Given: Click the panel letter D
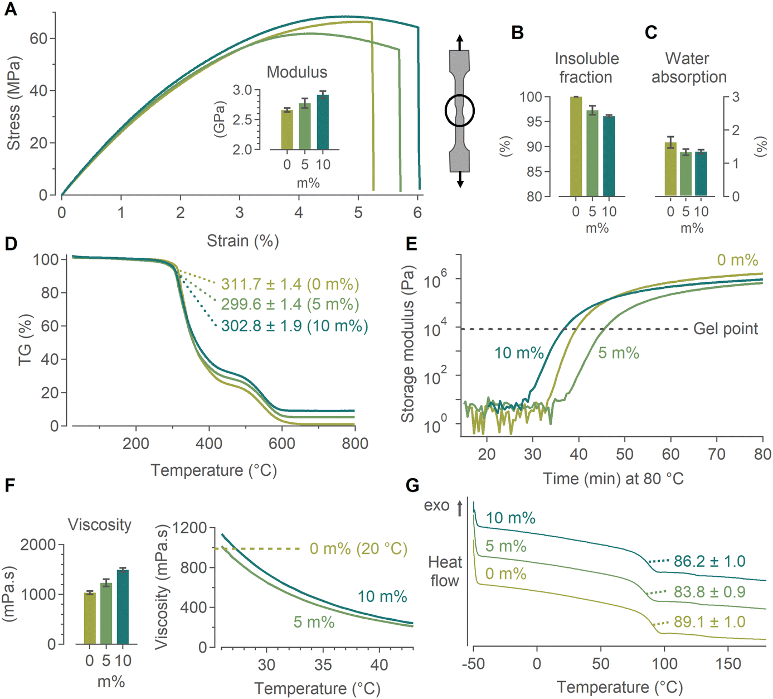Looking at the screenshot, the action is (11, 244).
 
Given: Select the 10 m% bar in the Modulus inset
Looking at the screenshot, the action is (323, 122).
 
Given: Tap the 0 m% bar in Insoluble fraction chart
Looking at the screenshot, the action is (576, 147).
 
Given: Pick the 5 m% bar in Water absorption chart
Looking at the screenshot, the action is (686, 174).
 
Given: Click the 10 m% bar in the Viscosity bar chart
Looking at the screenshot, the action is (123, 607).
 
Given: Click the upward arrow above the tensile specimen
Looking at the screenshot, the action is (460, 42).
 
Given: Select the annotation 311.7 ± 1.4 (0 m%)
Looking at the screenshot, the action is (290, 285).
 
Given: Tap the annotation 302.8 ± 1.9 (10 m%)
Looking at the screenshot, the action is (294, 326).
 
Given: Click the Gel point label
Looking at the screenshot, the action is (726, 329).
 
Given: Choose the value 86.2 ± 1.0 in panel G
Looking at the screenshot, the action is (709, 561).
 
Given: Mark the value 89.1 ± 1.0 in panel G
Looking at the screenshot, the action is (709, 622).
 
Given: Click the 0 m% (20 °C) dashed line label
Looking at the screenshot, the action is (358, 548).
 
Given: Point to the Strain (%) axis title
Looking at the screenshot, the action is (243, 240).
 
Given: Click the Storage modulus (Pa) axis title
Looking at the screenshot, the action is (408, 344).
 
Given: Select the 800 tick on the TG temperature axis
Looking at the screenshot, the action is (355, 443).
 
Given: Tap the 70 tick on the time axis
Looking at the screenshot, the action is (717, 454).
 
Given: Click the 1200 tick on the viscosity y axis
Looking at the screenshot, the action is (191, 527).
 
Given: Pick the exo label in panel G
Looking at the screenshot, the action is (436, 505).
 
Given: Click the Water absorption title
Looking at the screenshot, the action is (689, 68).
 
